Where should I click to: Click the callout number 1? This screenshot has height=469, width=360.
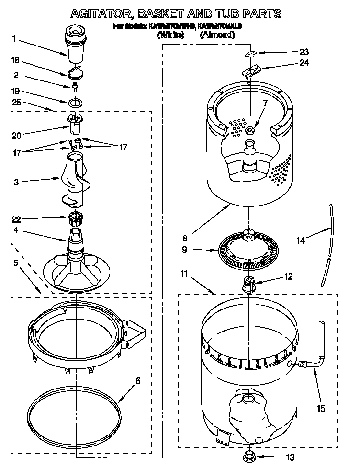(15, 38)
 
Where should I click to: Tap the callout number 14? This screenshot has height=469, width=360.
(301, 241)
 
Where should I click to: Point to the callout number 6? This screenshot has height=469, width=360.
(137, 381)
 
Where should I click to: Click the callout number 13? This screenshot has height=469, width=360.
(291, 457)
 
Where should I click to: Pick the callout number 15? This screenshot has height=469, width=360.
(321, 408)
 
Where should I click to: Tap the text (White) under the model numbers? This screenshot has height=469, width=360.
(169, 35)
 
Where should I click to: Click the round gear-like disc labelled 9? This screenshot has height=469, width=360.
(247, 251)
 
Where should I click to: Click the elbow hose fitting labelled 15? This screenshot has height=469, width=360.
(306, 367)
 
